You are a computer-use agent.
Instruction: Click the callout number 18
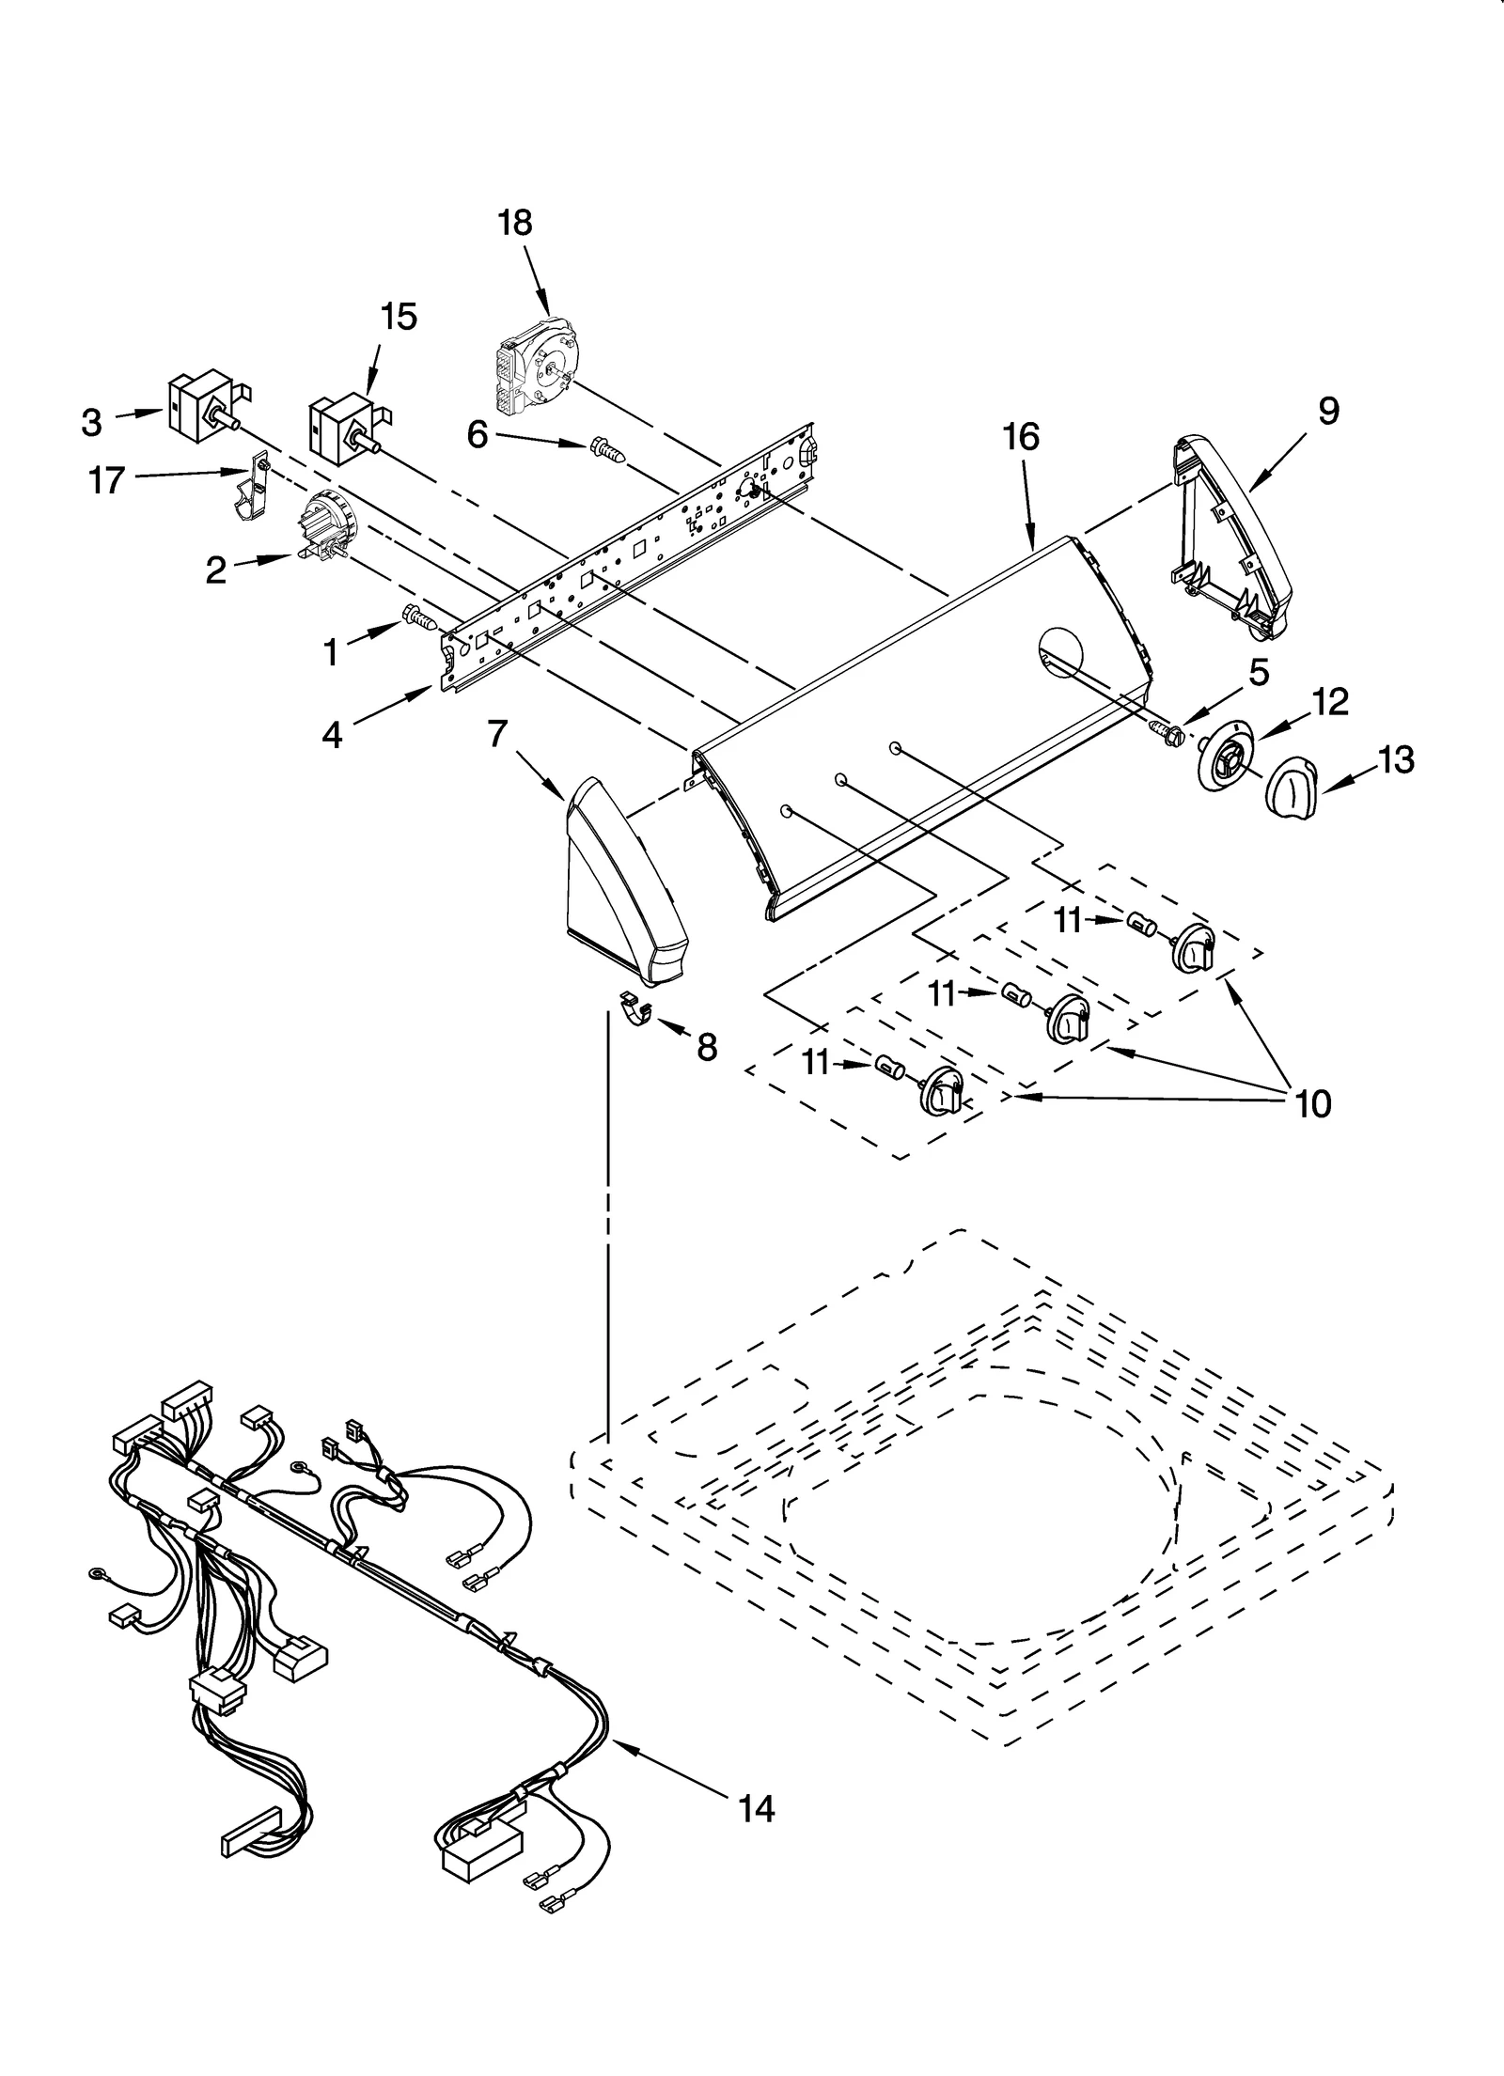(x=515, y=223)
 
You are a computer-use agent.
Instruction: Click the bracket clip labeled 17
(x=250, y=489)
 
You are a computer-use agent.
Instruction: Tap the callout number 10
(x=1313, y=1103)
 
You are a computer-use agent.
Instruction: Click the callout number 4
(x=332, y=735)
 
